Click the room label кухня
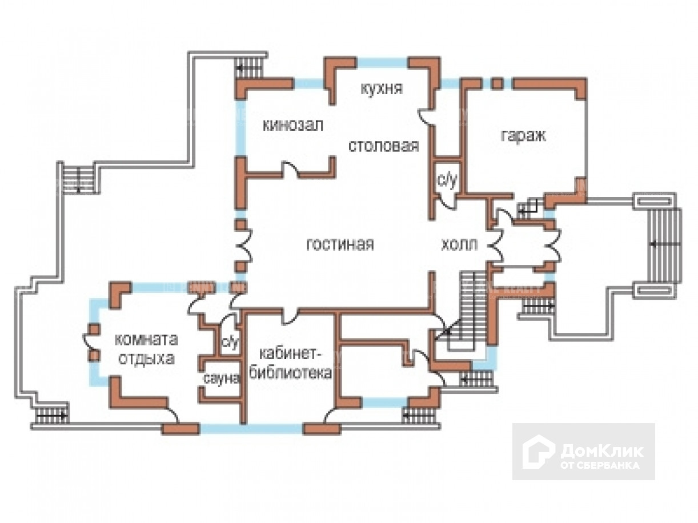point(382,88)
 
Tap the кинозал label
point(293,126)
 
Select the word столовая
point(383,146)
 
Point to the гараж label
point(523,136)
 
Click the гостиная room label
point(340,244)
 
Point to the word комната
point(146,339)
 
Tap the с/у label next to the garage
point(447,181)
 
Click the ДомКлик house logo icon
point(539,452)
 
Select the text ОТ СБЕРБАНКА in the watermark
point(600,465)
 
